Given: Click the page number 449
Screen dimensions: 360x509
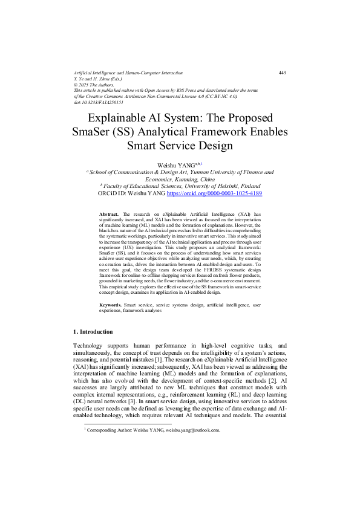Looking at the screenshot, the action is pos(282,73).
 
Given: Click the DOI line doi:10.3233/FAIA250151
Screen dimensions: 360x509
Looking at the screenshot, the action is pos(98,103).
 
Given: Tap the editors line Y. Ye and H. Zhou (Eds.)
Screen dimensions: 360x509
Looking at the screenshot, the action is pos(97,79).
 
